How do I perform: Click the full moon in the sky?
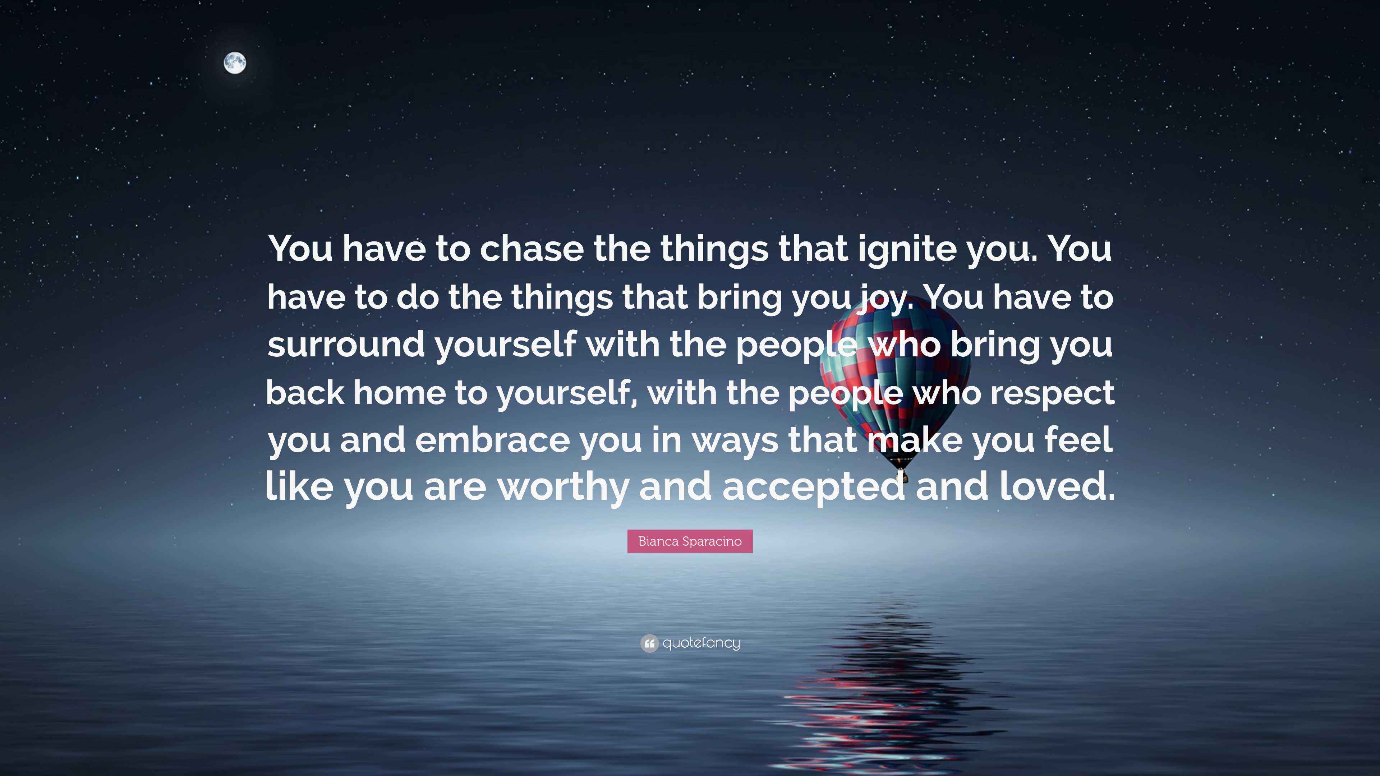(x=235, y=63)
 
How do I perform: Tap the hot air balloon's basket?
(x=902, y=474)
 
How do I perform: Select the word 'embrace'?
(x=492, y=440)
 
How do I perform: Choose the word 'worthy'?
(x=563, y=488)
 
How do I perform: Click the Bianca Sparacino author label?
(x=690, y=541)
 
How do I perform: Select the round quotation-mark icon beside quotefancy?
(x=649, y=643)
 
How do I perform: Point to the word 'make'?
(x=914, y=440)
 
